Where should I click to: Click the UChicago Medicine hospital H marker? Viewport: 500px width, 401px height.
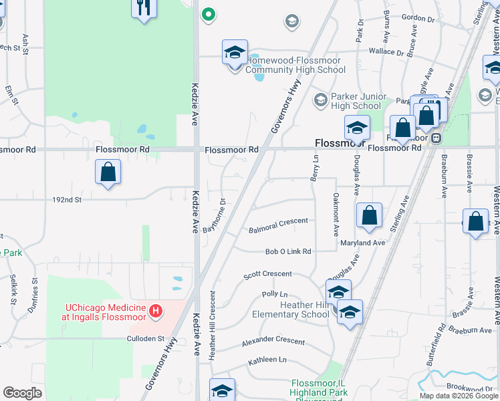pos(156,311)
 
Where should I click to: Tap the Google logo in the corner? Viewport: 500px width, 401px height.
pos(22,393)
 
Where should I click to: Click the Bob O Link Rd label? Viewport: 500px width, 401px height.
pos(288,252)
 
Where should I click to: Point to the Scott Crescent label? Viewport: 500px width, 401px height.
pos(267,274)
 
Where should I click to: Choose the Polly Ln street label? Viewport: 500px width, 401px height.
pos(274,294)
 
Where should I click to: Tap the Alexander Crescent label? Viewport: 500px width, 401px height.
pos(273,341)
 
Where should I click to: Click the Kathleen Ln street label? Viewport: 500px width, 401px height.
pos(267,360)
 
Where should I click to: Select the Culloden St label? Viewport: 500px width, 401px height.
pos(146,339)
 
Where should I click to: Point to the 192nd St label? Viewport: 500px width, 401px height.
pos(67,199)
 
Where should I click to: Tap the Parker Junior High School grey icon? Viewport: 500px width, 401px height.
pos(320,100)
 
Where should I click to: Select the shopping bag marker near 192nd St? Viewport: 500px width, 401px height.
pos(108,172)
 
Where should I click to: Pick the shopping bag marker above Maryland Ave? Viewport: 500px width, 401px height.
pos(369,215)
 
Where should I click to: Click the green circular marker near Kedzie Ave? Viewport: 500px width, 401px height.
pos(209,13)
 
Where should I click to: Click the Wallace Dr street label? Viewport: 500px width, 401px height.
pos(386,51)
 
